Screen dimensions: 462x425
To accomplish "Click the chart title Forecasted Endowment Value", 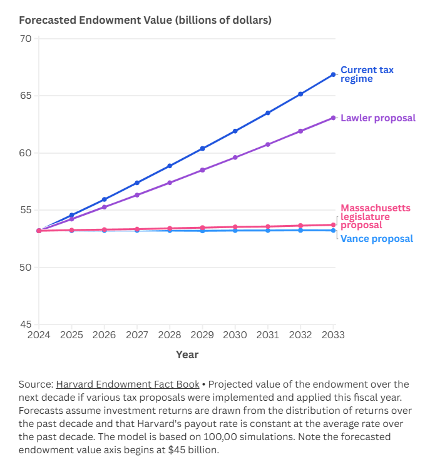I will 145,20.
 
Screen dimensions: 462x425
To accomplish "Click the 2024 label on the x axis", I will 38,334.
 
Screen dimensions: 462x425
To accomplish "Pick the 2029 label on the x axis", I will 203,334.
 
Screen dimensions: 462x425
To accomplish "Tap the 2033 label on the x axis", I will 334,334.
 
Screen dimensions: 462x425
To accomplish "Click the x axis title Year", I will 187,354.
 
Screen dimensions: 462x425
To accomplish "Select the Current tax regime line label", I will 367,74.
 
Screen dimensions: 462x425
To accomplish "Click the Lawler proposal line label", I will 377,118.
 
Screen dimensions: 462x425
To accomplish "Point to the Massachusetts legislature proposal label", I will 376,216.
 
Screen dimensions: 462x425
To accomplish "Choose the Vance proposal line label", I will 376,239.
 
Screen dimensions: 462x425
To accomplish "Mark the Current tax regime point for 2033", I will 334,74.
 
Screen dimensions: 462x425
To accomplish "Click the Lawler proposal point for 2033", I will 334,118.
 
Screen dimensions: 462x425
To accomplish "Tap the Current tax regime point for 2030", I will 235,131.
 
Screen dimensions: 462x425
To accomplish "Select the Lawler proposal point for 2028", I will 170,183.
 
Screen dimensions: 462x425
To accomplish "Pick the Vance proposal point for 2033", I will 334,231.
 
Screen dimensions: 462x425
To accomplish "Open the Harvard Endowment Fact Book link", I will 128,384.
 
